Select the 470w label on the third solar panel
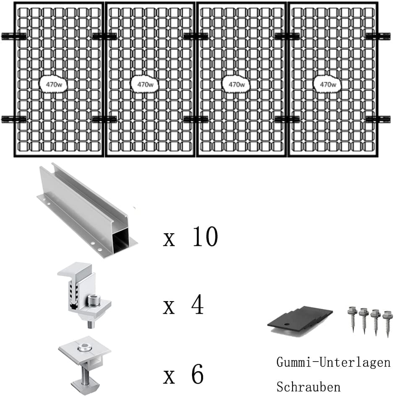(236, 84)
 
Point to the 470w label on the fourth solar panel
(328, 84)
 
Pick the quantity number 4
(197, 306)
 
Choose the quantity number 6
(197, 374)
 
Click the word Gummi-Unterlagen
(333, 362)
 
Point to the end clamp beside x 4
(84, 293)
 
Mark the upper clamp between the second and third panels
(196, 36)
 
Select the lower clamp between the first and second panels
(104, 120)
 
